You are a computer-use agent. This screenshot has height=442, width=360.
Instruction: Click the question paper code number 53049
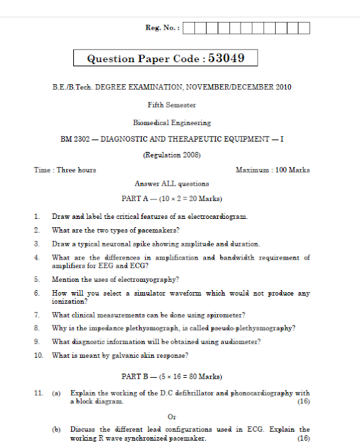225,59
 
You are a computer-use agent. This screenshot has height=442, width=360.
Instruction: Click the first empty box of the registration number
190,28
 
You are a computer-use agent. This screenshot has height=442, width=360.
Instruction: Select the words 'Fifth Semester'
172,105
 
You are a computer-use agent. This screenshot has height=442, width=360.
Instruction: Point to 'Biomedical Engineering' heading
172,122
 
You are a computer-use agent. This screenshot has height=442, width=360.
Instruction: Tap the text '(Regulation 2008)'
172,155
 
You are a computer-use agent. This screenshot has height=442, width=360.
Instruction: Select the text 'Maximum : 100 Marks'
272,170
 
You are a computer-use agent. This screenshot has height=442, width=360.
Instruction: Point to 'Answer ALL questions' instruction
172,184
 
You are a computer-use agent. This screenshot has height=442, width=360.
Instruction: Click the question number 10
38,355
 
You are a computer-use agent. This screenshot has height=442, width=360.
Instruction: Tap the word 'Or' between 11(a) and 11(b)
172,416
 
